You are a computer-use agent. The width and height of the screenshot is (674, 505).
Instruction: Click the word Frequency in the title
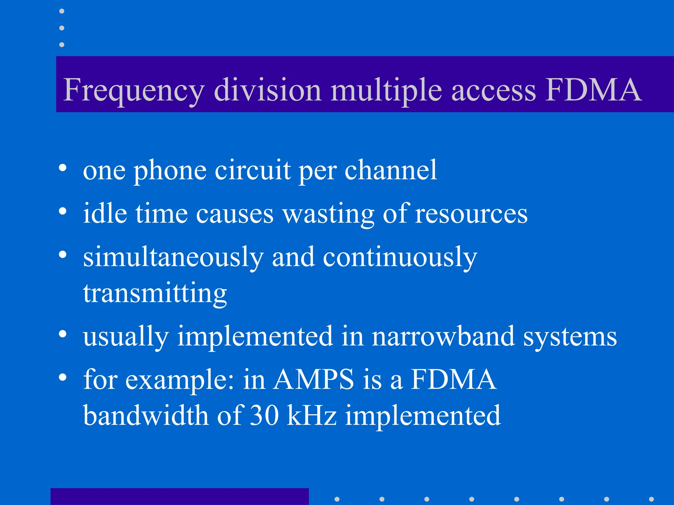pos(134,90)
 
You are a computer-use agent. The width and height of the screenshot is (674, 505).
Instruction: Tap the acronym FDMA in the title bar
pos(593,89)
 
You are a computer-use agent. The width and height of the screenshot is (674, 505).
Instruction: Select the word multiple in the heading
pos(386,90)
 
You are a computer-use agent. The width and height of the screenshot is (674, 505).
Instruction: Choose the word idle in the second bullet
pos(105,213)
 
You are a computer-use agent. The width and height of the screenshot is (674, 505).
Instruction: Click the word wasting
pos(329,214)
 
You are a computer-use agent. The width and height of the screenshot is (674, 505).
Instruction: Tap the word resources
pos(471,214)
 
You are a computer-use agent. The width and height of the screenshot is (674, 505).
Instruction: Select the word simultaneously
pos(173,257)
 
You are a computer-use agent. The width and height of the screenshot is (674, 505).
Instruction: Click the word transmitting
pos(155,293)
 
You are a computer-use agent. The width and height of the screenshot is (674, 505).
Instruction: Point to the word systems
pos(570,337)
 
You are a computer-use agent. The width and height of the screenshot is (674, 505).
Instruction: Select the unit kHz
pos(312,415)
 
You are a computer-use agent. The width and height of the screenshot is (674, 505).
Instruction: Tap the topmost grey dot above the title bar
pos(62,11)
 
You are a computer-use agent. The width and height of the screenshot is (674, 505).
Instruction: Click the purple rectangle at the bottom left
pos(179,496)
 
